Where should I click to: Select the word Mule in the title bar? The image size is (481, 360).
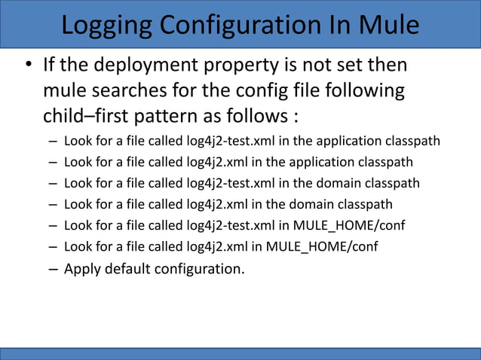click(x=388, y=25)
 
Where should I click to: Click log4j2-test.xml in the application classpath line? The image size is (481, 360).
click(x=229, y=141)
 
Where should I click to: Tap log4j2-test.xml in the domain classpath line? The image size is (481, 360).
click(x=229, y=183)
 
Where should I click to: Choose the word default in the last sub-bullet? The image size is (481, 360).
click(x=128, y=269)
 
